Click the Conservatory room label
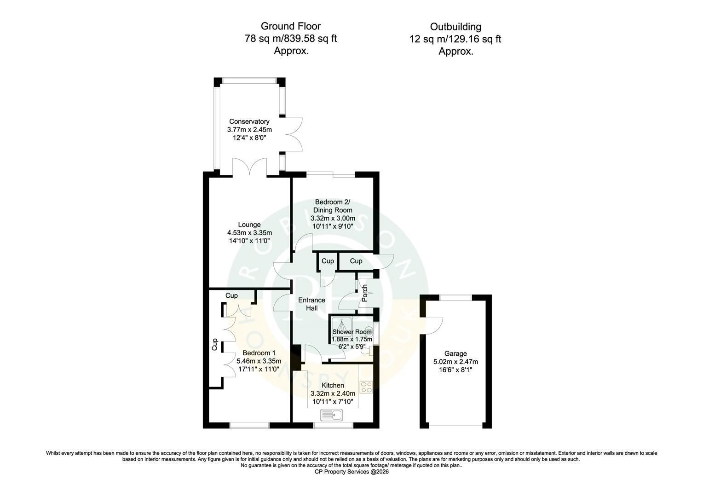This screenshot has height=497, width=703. (249, 121)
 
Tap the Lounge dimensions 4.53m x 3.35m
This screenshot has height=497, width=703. (249, 233)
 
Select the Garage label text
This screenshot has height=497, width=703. (455, 353)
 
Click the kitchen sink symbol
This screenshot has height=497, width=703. (331, 415)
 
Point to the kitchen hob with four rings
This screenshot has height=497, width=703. (366, 387)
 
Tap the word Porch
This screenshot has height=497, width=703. (365, 293)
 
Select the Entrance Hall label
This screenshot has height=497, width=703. (311, 304)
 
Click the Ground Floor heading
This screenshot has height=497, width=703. (291, 26)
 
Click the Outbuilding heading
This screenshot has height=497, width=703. (455, 27)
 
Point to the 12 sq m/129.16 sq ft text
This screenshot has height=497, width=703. (455, 39)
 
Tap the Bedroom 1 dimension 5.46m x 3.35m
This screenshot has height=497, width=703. (259, 361)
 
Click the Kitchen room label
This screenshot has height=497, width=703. (333, 385)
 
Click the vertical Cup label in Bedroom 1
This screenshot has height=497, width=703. (215, 344)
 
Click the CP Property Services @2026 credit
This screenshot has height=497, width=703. (351, 472)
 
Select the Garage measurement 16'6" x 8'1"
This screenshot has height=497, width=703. (455, 370)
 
